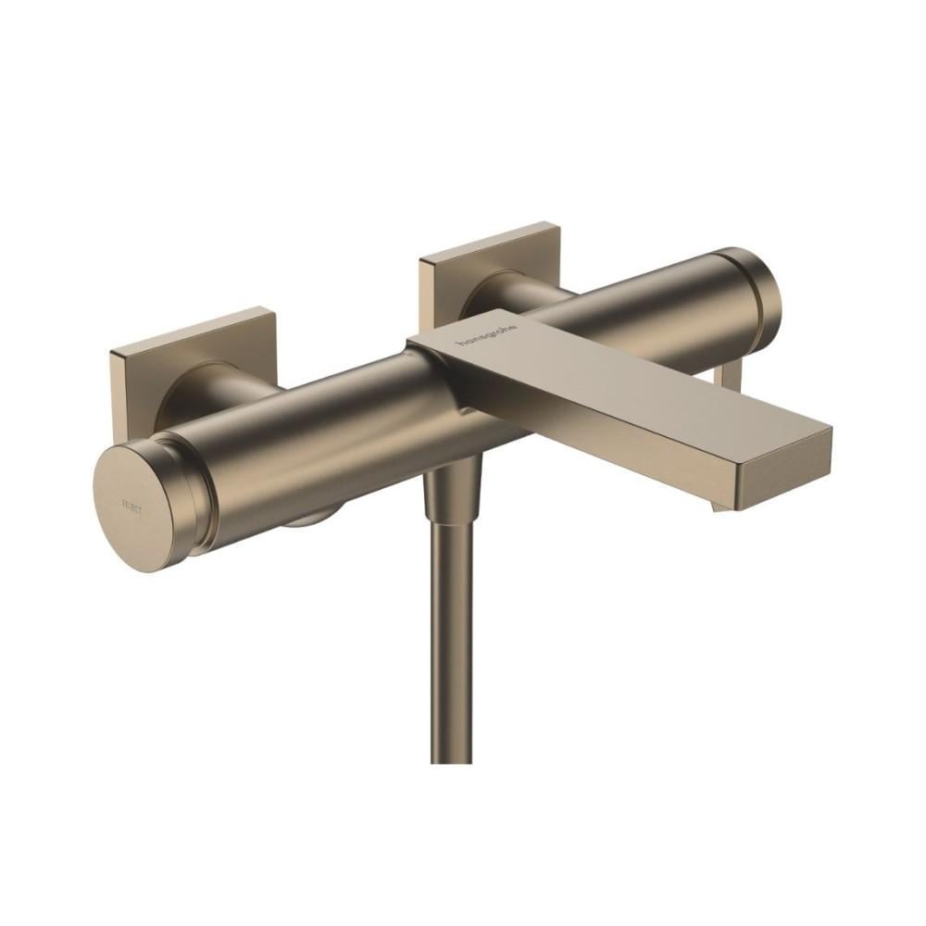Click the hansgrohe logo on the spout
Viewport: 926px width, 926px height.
(488, 338)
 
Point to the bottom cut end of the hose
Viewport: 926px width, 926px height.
(452, 760)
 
